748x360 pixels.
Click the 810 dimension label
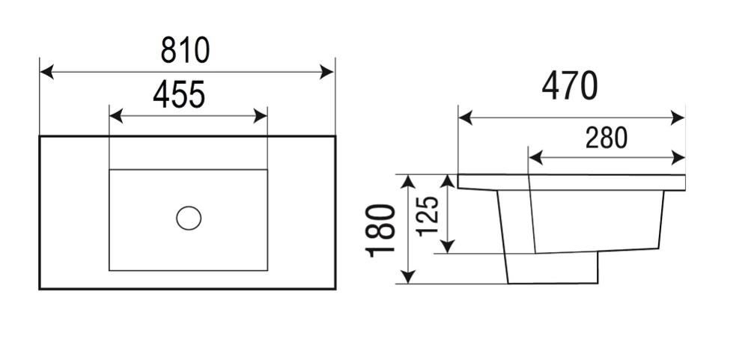click(x=185, y=50)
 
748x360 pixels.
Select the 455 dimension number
click(x=179, y=94)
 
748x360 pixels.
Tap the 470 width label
click(x=570, y=86)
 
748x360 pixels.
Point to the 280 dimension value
click(x=606, y=138)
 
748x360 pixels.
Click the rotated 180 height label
click(x=380, y=231)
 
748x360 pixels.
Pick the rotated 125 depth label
click(x=428, y=216)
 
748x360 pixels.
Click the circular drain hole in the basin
click(x=189, y=218)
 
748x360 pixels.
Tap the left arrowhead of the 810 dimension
click(x=46, y=72)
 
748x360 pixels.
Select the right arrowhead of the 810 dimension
click(x=326, y=72)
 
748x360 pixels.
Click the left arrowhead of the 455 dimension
click(x=116, y=116)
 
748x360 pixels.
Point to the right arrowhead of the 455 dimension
click(x=260, y=116)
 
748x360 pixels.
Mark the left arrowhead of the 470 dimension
click(x=466, y=118)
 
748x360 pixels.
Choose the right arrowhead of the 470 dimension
click(x=678, y=118)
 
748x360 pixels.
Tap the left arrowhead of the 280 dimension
click(x=536, y=157)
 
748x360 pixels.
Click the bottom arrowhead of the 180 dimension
click(x=408, y=277)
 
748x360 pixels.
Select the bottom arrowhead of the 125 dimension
click(x=447, y=246)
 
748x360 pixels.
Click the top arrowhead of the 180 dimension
click(x=408, y=182)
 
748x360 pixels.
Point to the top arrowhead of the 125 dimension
click(x=447, y=182)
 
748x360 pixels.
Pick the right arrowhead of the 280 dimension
click(x=678, y=157)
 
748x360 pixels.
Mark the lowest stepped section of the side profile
click(x=552, y=268)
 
